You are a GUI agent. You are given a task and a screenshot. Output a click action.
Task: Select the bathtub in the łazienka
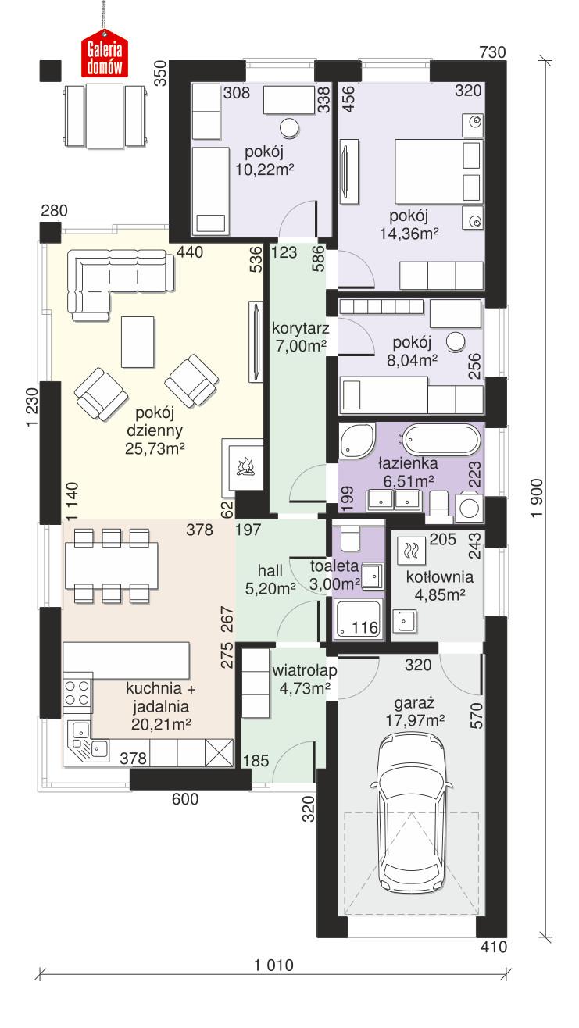coord(438,440)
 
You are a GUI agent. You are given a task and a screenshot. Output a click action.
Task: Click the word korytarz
coord(299,328)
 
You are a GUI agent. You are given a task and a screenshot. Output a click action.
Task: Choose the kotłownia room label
coord(440,577)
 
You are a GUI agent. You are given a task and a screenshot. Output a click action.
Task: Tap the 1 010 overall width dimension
coord(273,965)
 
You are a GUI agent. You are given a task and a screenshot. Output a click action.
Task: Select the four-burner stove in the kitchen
coord(77,692)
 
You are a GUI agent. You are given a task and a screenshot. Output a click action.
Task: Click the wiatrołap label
coord(304,670)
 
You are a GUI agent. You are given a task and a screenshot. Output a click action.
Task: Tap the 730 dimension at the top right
coord(493,52)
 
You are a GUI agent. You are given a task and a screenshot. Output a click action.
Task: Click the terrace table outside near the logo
coord(104,116)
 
